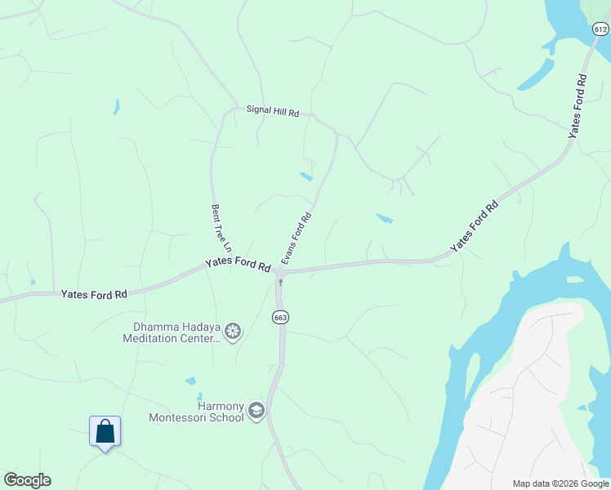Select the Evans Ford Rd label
(x=297, y=238)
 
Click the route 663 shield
(x=280, y=317)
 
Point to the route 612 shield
(x=600, y=29)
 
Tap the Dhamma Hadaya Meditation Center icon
(x=233, y=331)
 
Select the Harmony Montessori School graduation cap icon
(x=256, y=410)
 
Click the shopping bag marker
(x=105, y=430)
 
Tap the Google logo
(x=27, y=480)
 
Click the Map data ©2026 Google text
(x=560, y=483)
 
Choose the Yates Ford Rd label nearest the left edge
(x=93, y=293)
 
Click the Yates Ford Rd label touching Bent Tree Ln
(x=238, y=264)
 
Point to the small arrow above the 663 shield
(x=280, y=283)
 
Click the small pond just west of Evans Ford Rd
(x=305, y=176)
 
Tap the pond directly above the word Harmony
(x=190, y=381)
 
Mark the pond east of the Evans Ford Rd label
(x=384, y=218)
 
